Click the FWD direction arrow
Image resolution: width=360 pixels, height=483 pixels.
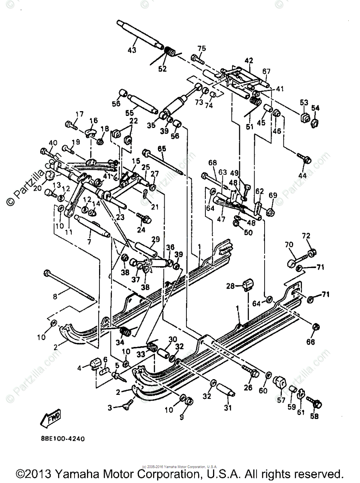50,419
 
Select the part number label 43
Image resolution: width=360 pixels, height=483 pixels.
132,50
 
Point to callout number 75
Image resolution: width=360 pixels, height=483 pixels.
201,48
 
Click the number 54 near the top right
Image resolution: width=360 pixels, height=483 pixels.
315,108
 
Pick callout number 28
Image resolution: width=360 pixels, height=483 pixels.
230,286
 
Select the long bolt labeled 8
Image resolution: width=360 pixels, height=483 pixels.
70,285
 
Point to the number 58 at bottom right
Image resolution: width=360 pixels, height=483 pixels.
314,417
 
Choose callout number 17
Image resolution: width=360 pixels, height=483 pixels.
79,114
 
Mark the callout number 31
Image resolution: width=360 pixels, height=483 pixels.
228,408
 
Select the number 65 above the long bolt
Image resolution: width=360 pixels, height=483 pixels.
161,149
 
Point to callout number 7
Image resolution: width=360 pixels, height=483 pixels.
89,242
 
